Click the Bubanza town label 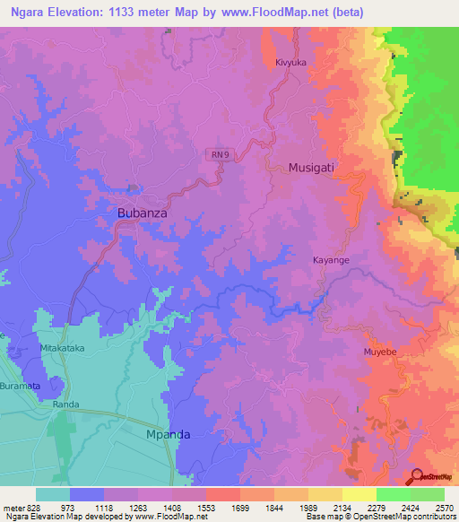[x=143, y=213]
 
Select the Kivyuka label [x=291, y=63]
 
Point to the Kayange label [x=331, y=260]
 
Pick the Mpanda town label [x=169, y=434]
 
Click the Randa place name [x=66, y=405]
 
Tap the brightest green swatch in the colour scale [x=393, y=494]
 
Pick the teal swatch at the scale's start [x=53, y=494]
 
